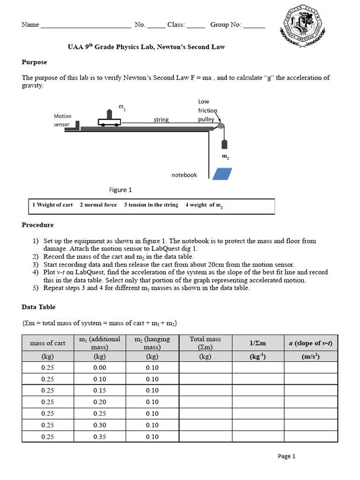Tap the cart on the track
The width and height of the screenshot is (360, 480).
point(109,122)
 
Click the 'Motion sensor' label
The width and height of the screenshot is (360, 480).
point(62,120)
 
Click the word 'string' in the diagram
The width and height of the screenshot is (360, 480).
point(161,120)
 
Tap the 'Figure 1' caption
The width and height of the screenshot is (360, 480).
point(120,190)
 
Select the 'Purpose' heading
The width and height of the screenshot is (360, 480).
point(34,62)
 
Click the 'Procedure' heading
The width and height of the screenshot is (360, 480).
point(37,225)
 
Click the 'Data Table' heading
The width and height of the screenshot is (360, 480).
point(38,307)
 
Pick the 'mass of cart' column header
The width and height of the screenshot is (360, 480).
point(48,343)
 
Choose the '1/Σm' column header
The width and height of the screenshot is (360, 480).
point(257,343)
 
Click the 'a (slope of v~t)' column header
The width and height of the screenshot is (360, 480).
point(310,343)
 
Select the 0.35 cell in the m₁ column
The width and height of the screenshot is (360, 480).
point(100,436)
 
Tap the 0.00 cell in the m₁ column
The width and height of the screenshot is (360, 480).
point(100,367)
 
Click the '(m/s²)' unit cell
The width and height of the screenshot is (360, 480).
point(310,356)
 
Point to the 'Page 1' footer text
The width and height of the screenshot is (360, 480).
point(286,456)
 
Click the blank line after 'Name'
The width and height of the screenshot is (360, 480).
point(86,25)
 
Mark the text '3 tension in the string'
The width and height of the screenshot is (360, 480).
point(151,205)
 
